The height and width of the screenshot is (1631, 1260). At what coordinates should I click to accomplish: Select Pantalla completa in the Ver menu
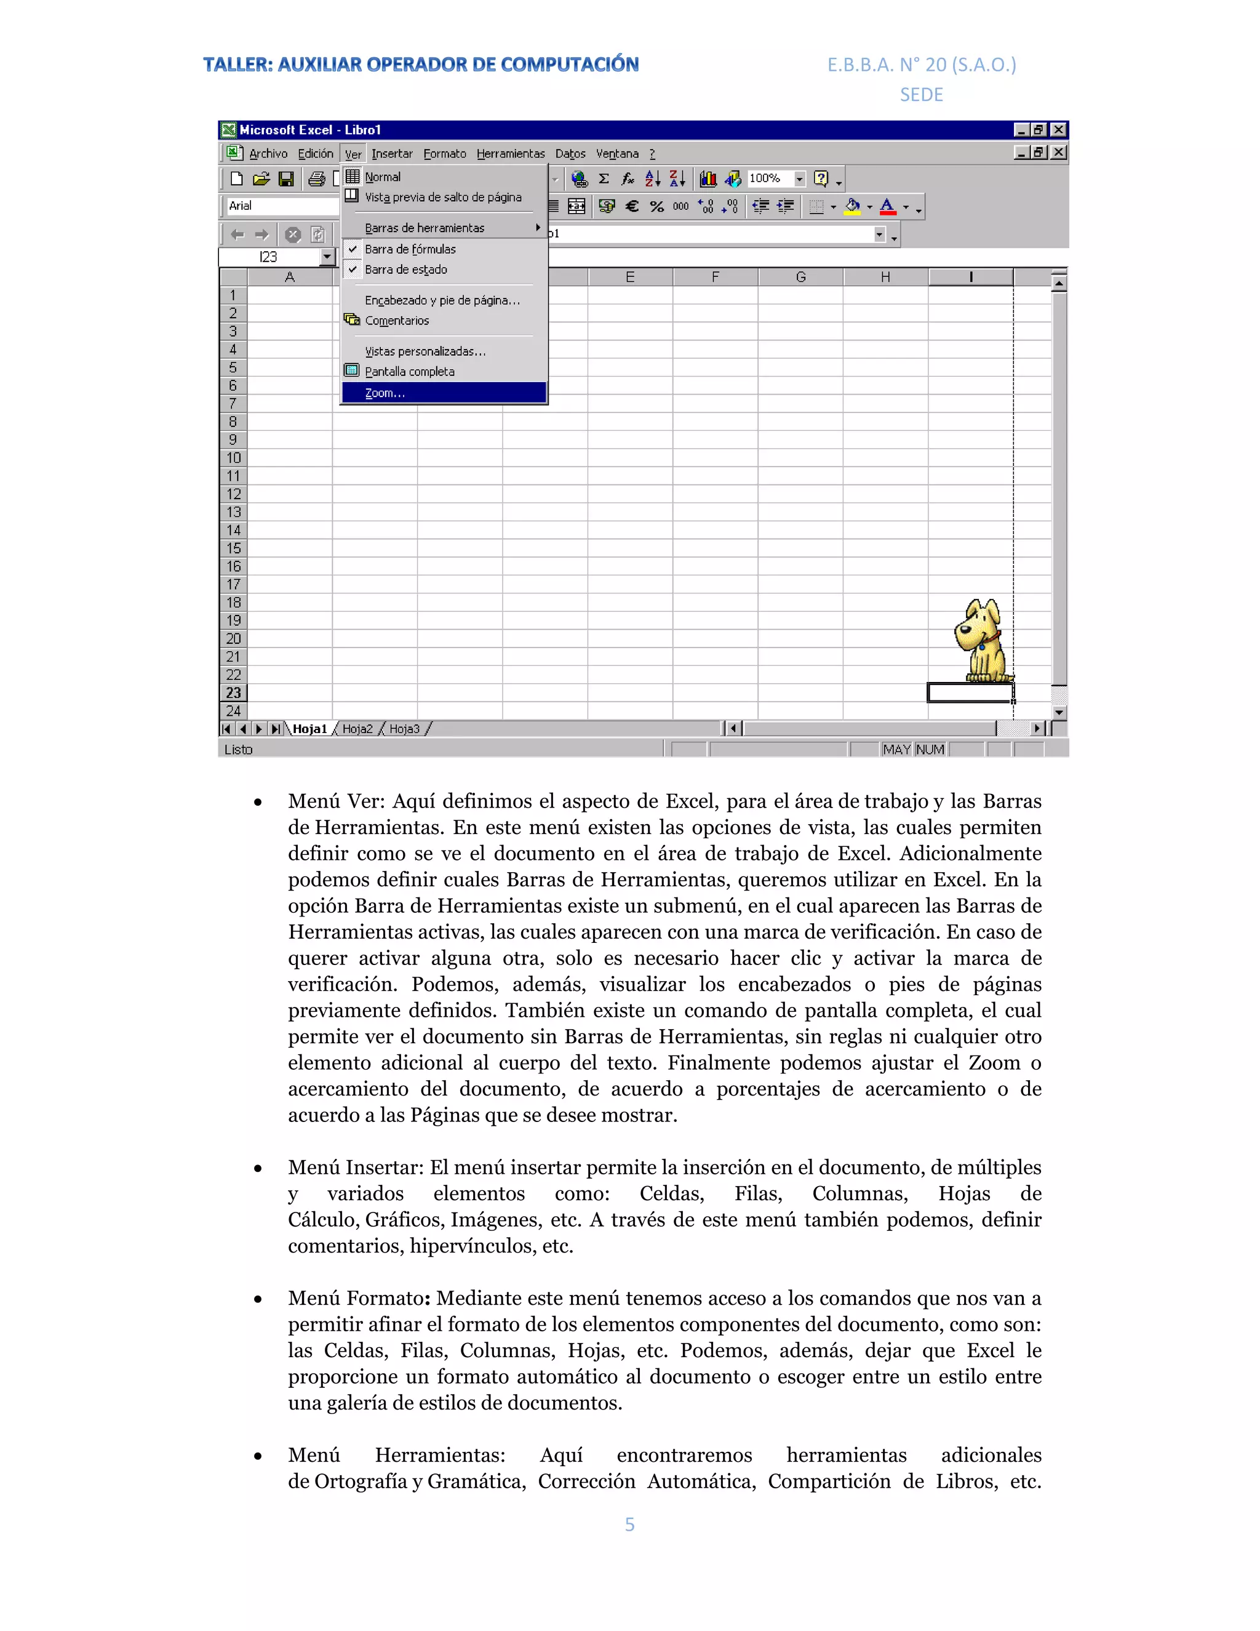(409, 371)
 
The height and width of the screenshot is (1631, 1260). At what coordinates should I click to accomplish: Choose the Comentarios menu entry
(396, 321)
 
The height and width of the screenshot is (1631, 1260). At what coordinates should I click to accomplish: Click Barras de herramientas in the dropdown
(425, 228)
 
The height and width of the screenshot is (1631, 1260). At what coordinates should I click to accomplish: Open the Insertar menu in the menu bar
(392, 154)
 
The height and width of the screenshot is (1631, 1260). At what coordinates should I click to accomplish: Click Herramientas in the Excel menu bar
(511, 154)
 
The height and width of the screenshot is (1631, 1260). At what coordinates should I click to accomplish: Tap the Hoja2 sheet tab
(357, 729)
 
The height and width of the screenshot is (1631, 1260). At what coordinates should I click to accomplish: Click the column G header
(800, 277)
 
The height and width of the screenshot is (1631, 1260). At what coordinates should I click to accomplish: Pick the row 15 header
(234, 548)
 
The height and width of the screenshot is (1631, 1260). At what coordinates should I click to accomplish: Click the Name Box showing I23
(269, 257)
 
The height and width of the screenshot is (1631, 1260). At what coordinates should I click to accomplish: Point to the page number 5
(629, 1524)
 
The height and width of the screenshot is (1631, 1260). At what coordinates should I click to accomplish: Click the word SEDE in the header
(921, 95)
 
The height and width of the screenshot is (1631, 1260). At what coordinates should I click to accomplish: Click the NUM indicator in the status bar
(930, 749)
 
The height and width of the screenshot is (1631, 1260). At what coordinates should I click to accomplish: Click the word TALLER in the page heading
(237, 65)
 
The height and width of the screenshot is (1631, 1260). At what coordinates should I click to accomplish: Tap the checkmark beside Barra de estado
(353, 270)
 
